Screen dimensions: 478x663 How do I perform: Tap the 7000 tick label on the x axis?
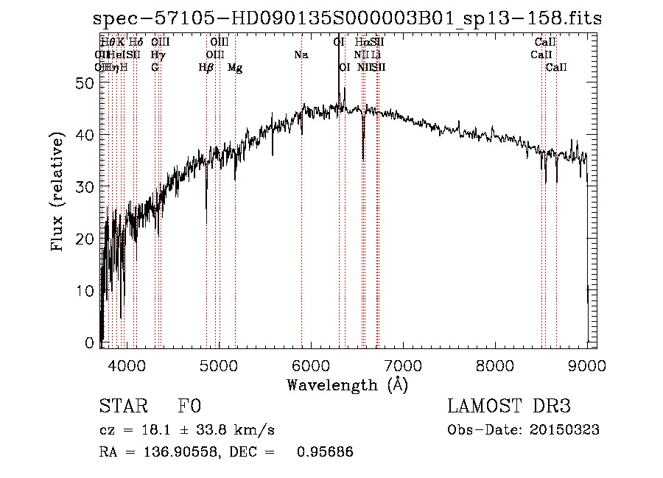(403, 365)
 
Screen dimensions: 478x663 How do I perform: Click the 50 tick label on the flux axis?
(85, 83)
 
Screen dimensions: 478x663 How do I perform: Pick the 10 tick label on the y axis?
(85, 291)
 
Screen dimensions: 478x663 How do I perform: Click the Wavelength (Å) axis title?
(347, 384)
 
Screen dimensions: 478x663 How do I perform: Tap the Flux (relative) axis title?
(57, 192)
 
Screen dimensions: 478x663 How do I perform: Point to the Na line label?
(301, 55)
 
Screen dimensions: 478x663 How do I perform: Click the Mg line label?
(235, 68)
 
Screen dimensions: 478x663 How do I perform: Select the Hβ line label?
(206, 68)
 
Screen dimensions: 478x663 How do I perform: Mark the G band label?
(155, 68)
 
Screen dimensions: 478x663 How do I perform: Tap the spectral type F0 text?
(189, 407)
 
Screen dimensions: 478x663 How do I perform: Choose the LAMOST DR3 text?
(509, 407)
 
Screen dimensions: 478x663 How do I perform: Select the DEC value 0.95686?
(325, 452)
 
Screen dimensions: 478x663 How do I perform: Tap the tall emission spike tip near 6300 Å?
(339, 42)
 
